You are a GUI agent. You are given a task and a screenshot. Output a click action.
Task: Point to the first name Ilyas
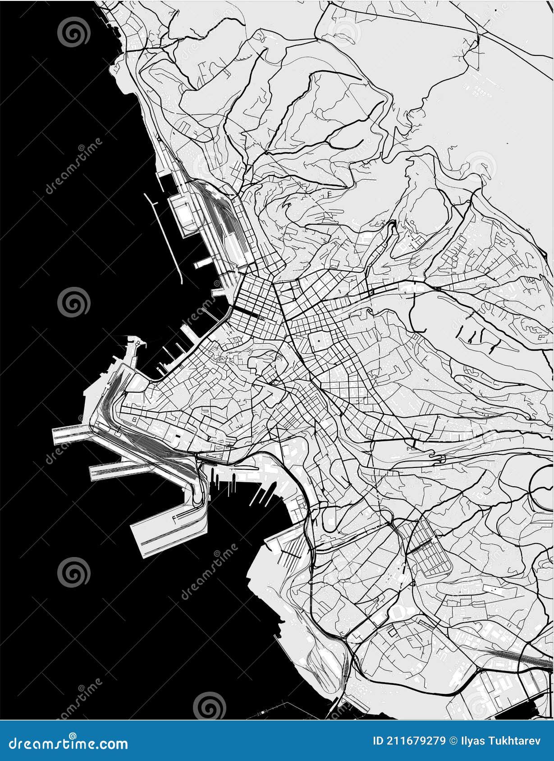(x=473, y=741)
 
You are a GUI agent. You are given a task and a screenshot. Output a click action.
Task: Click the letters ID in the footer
(x=378, y=741)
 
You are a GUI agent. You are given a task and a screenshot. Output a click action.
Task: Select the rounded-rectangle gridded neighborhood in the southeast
(x=430, y=547)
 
